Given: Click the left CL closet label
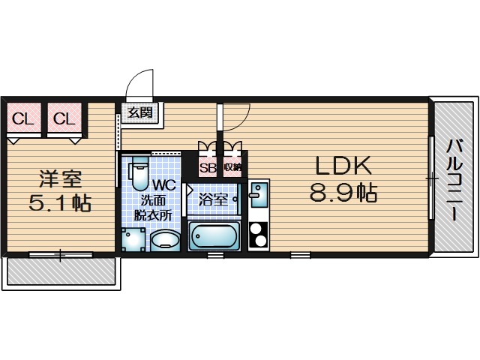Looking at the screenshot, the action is (x=22, y=118).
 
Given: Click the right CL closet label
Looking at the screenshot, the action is (x=64, y=118).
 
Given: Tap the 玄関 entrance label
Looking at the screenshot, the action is (x=140, y=112).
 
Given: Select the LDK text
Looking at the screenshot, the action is (x=343, y=165).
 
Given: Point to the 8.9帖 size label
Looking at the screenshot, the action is (x=343, y=193).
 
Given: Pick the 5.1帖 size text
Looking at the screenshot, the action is (x=60, y=202).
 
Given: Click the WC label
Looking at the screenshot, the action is (x=164, y=185).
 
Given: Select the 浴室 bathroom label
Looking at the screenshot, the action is (x=213, y=199).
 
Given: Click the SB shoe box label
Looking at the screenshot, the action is (x=208, y=167).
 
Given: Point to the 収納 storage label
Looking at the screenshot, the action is (x=232, y=167).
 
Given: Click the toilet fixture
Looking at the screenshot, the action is (x=139, y=172).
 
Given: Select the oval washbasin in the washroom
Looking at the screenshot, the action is (x=166, y=241).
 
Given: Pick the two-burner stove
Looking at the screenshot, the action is (x=259, y=235).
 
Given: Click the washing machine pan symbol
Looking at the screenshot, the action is (x=133, y=239).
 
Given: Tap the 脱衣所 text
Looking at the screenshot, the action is (x=153, y=216).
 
